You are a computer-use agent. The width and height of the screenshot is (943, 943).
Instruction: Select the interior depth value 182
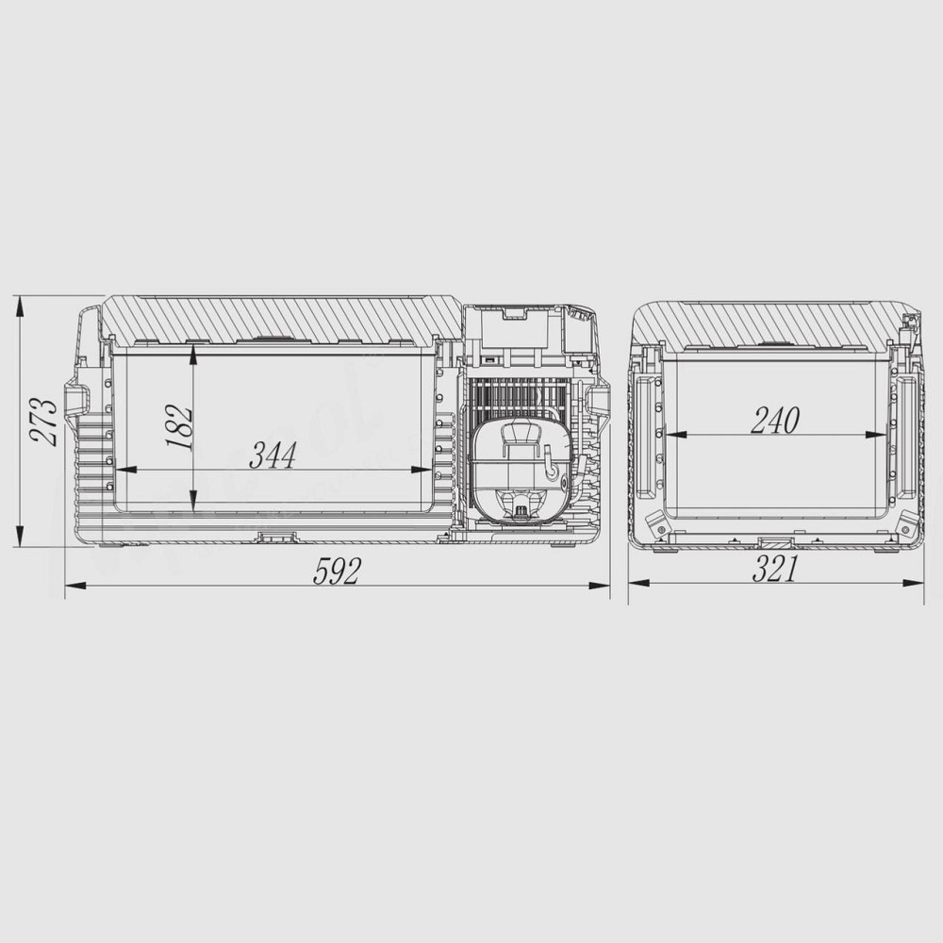[x=182, y=426]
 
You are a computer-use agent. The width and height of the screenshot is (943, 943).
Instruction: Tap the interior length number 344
[x=273, y=456]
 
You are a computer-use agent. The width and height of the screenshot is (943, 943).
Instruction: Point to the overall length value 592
[x=337, y=571]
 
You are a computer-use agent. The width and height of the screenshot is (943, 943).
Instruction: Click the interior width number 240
[x=774, y=421]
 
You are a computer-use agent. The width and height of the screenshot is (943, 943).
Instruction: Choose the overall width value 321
[x=776, y=569]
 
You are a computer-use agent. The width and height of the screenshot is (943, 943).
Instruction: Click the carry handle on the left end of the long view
[x=76, y=400]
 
